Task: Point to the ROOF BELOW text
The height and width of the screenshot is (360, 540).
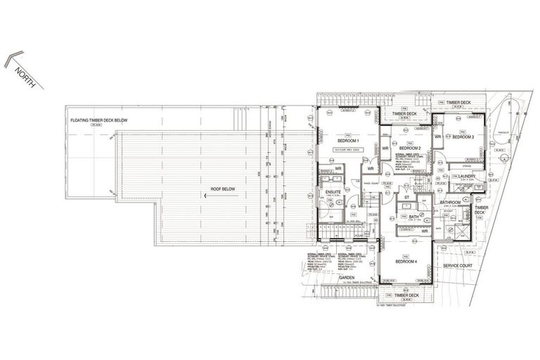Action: [222, 189]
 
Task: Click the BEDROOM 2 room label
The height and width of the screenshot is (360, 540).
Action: [409, 148]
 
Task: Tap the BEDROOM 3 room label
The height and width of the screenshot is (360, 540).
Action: [463, 137]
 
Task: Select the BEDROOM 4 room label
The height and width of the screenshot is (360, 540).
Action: [406, 261]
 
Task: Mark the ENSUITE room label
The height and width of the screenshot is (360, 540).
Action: [333, 191]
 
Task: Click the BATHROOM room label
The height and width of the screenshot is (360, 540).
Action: [451, 202]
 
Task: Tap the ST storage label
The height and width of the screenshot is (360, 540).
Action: [406, 198]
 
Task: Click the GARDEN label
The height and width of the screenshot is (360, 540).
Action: [347, 277]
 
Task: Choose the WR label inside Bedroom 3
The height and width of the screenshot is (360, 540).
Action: [437, 136]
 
